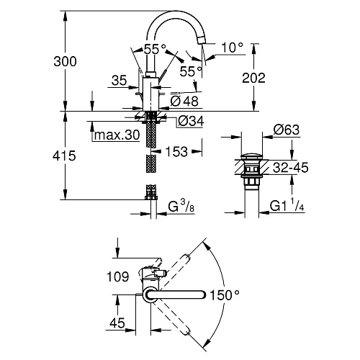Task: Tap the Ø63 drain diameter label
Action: [286, 130]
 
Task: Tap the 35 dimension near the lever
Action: [120, 82]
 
